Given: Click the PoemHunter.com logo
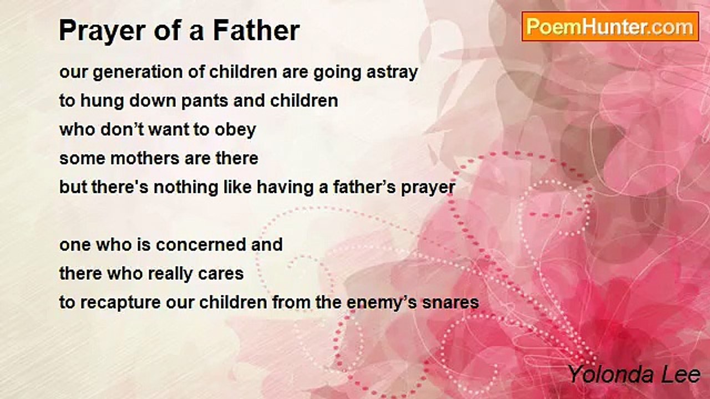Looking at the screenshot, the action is pyautogui.click(x=610, y=27).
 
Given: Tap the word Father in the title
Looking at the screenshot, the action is pyautogui.click(x=256, y=30).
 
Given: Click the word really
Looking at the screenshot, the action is pyautogui.click(x=170, y=274).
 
